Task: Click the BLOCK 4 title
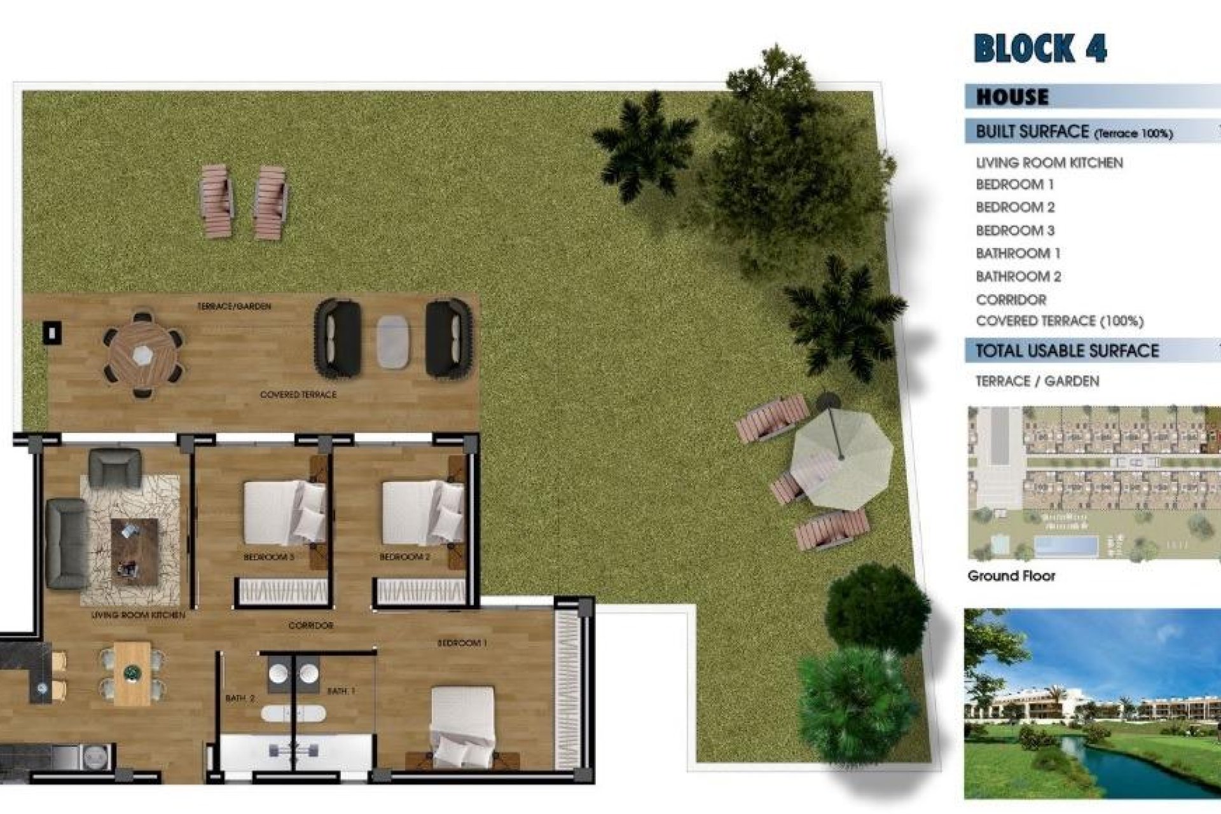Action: click(1040, 48)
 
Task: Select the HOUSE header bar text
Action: click(1012, 97)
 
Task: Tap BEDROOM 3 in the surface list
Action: click(1015, 230)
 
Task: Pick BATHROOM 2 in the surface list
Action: click(1018, 277)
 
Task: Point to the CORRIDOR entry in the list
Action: click(1011, 300)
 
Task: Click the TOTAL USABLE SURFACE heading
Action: click(1067, 350)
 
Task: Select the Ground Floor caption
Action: click(1011, 576)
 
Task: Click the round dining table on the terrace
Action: click(143, 354)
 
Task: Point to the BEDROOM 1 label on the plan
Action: click(462, 643)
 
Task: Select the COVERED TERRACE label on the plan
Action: click(298, 395)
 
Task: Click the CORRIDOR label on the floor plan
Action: click(310, 626)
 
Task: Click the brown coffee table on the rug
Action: click(134, 550)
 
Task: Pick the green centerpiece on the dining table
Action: click(132, 671)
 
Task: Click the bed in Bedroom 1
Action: click(462, 725)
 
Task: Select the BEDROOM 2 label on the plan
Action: click(404, 557)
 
